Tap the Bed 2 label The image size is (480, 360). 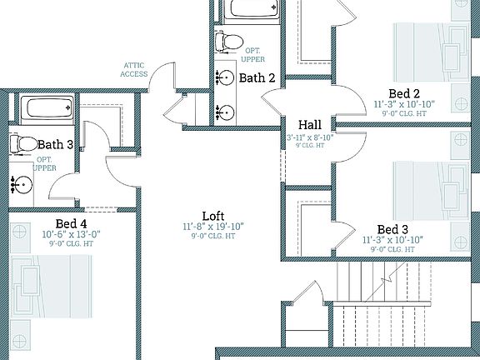(403, 92)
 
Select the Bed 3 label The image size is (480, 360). (392, 229)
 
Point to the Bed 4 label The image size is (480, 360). (71, 223)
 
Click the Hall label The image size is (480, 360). (310, 125)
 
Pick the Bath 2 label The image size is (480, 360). (257, 78)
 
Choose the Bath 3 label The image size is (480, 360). (55, 145)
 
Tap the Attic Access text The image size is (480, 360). (136, 69)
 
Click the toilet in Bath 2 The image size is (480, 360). (228, 40)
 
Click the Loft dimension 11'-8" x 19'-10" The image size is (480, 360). (213, 227)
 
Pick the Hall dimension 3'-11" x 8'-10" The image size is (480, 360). (310, 137)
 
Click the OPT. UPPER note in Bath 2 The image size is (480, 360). (254, 55)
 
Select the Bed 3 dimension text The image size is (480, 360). (392, 240)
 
